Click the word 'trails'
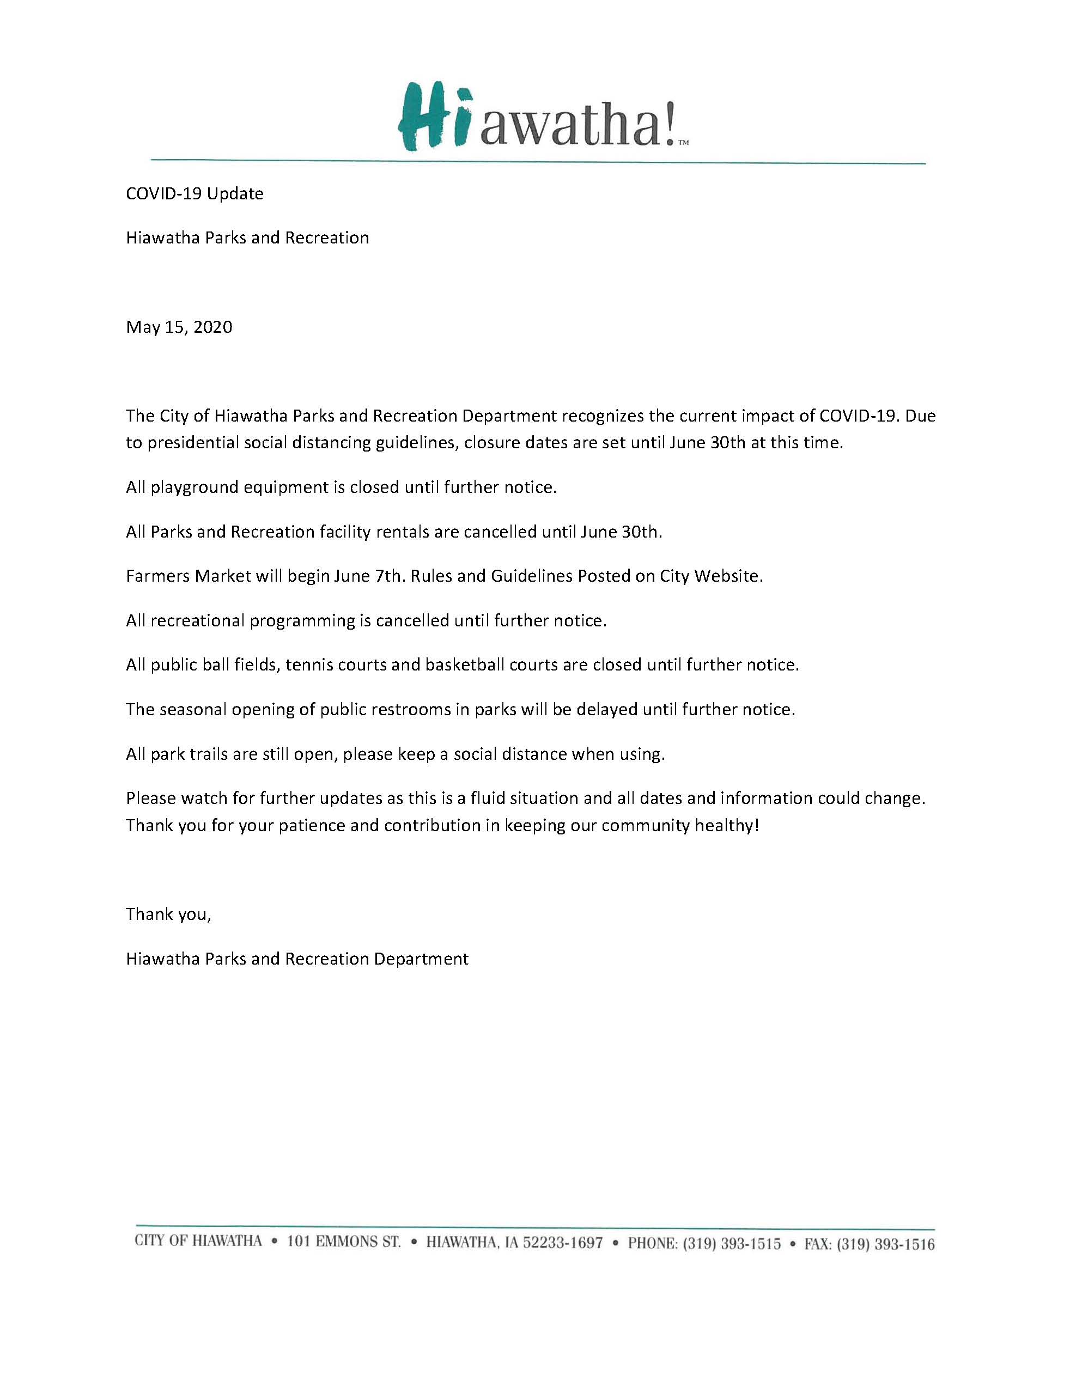tap(206, 754)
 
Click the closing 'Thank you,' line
tap(168, 914)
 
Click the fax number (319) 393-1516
tap(885, 1244)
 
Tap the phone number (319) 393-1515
tap(732, 1243)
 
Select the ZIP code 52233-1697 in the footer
tap(561, 1243)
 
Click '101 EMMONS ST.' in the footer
tap(344, 1242)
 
